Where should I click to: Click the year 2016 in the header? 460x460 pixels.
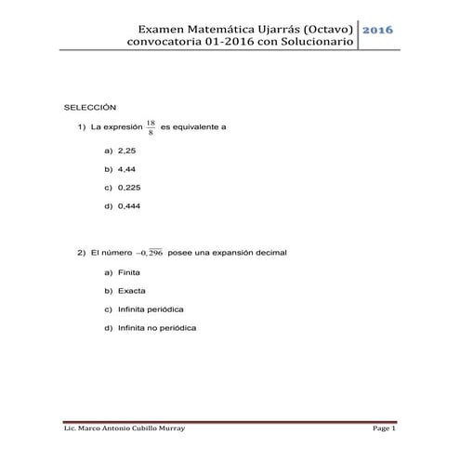pos(377,30)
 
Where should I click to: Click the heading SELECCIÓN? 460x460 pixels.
pos(89,108)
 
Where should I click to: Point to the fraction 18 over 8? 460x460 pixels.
pos(151,126)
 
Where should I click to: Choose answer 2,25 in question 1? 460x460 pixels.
pos(127,150)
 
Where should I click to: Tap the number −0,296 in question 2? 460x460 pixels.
pos(149,252)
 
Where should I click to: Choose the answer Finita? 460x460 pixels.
pos(130,272)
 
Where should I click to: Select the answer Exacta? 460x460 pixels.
pos(132,291)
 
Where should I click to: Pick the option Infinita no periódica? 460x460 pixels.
pos(157,328)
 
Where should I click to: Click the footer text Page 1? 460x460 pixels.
pos(384,428)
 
